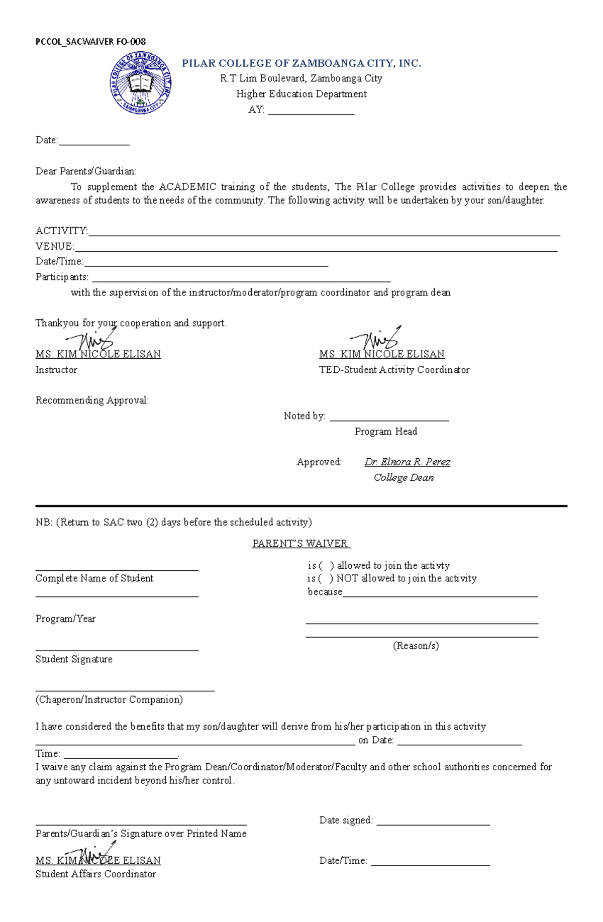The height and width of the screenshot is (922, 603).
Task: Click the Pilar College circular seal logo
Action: [141, 83]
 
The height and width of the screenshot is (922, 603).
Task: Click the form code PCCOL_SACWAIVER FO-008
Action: [90, 42]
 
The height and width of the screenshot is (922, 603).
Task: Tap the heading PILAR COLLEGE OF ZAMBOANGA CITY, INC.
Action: [301, 63]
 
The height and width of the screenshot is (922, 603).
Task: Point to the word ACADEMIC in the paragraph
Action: [187, 187]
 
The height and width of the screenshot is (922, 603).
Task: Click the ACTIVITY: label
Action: [61, 231]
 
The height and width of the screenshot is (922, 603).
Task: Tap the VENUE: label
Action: [54, 246]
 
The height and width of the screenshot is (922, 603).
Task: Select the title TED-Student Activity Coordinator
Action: [394, 370]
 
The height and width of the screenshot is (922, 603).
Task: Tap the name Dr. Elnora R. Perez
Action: [407, 462]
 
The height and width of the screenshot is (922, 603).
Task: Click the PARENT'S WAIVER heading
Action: [301, 544]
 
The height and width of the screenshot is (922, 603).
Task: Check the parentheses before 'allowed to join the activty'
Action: [326, 566]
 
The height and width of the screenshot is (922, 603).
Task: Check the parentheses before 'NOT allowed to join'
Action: [326, 578]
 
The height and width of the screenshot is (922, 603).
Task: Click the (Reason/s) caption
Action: [416, 646]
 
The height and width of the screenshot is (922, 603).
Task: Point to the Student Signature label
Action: [74, 659]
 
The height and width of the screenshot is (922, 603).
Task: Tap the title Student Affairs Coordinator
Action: [95, 874]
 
